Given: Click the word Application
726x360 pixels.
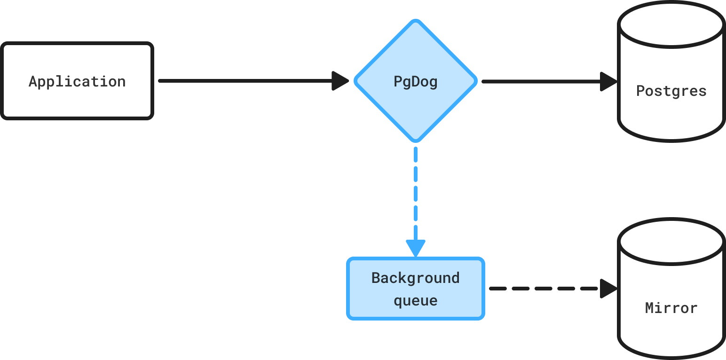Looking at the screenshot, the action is point(77,82).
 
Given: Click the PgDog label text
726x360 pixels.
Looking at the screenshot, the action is point(416,82).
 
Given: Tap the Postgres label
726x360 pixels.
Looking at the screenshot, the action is point(671,91).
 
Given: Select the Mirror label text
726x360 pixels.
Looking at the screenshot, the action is point(671,308).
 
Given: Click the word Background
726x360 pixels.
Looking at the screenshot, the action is point(416,278).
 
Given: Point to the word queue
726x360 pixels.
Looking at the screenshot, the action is point(416,301).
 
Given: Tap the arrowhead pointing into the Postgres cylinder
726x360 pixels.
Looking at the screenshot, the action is point(608,82).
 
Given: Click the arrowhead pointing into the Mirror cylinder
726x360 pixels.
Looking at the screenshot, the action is point(608,289).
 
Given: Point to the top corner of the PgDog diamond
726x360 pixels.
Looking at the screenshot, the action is point(416,20).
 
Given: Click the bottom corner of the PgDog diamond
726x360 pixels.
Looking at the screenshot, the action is point(416,141).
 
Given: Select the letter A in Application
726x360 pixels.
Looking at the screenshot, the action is point(33,81).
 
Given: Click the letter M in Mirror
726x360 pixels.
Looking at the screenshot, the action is point(649,308).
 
